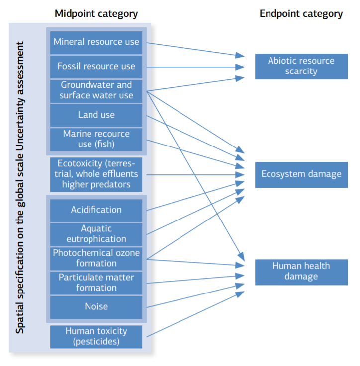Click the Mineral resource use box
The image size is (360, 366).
click(x=96, y=42)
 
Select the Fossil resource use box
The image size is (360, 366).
click(x=96, y=66)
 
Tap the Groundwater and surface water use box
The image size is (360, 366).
click(x=96, y=90)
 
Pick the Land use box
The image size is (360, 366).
click(x=96, y=115)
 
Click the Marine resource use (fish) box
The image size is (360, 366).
click(x=96, y=139)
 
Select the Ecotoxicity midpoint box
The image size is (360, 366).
click(x=96, y=174)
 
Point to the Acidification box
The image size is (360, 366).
click(x=96, y=210)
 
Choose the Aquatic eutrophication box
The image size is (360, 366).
click(x=96, y=234)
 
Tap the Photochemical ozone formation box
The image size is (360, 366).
click(x=96, y=258)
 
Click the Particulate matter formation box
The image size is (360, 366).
click(x=96, y=283)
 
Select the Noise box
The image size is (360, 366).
click(x=96, y=307)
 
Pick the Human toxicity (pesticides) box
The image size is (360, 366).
click(x=96, y=336)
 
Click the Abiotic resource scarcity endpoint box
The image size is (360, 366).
click(x=301, y=66)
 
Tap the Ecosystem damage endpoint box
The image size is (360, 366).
click(x=301, y=174)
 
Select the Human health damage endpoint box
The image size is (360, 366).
click(x=301, y=271)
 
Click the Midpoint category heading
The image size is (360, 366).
click(x=96, y=14)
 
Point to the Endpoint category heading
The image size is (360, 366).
click(x=301, y=14)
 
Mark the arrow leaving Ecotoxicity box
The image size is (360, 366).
click(x=194, y=174)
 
